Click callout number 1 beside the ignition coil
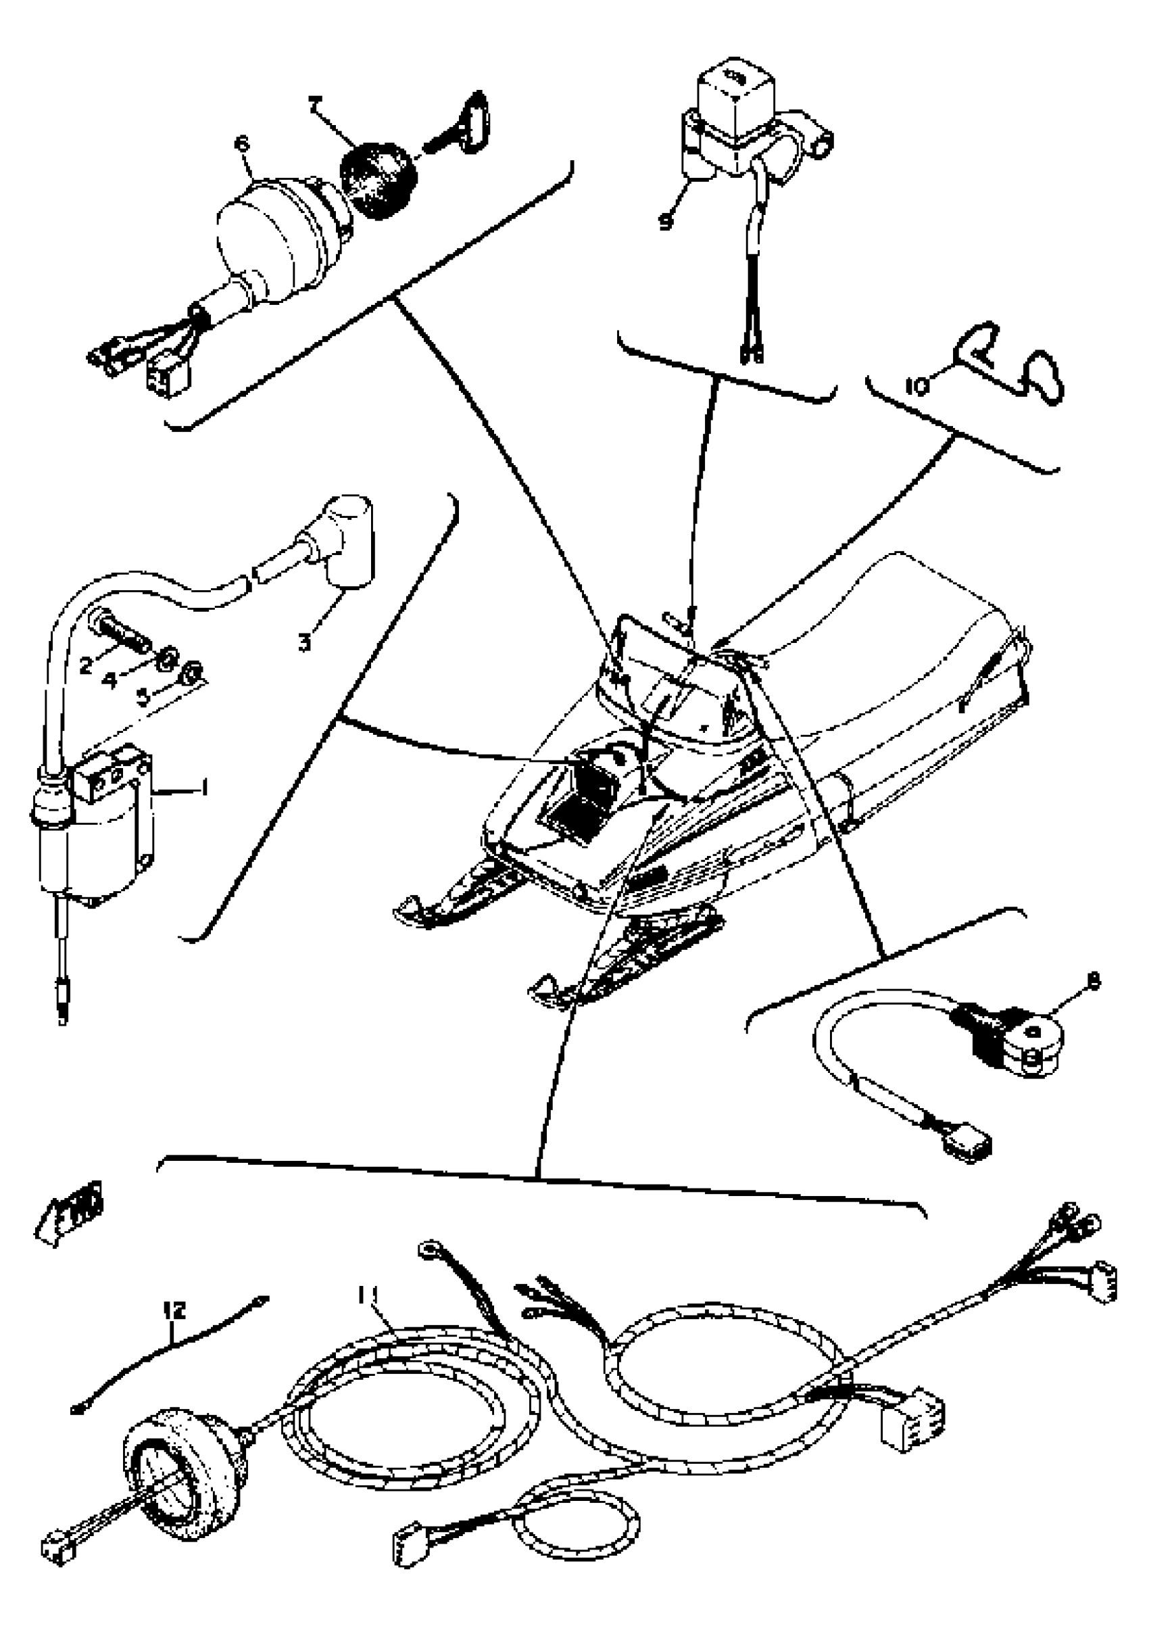(x=204, y=787)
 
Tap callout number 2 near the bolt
(x=86, y=665)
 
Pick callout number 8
(x=1093, y=982)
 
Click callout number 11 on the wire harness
(x=368, y=1295)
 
